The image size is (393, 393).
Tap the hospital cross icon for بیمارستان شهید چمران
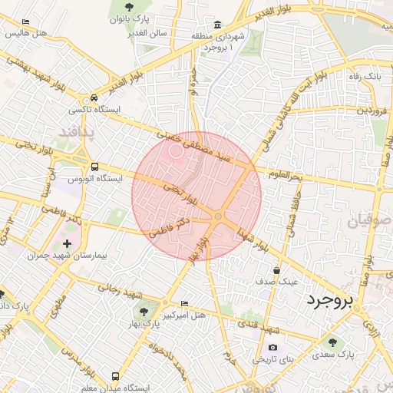(67, 243)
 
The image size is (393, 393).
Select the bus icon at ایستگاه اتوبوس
(94, 167)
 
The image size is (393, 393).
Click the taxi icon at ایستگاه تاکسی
(93, 98)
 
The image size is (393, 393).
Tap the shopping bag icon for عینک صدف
(276, 270)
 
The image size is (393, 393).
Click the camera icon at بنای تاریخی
(272, 348)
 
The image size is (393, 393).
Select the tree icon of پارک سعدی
(332, 342)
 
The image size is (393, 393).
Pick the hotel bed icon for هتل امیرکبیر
(182, 303)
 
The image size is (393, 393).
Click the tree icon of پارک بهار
(143, 312)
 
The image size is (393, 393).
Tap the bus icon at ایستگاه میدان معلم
(115, 376)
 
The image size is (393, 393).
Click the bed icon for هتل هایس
(25, 22)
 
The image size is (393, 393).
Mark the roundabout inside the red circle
(219, 217)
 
